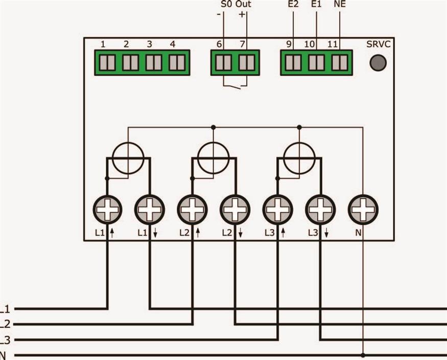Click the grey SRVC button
(x=378, y=63)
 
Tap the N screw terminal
(x=363, y=209)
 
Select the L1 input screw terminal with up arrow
(x=107, y=209)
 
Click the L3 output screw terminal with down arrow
(x=320, y=209)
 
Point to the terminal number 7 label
(x=243, y=44)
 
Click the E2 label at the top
(x=293, y=5)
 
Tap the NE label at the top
(x=339, y=5)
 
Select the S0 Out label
(x=236, y=5)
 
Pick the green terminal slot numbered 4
(x=177, y=63)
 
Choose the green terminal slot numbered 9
(x=293, y=63)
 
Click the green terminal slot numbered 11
(x=339, y=63)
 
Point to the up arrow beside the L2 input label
(x=198, y=233)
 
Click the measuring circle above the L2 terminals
(x=214, y=158)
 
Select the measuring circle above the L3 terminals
(x=299, y=158)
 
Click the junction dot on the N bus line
(x=363, y=355)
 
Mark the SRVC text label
(x=378, y=44)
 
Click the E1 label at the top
(x=317, y=5)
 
